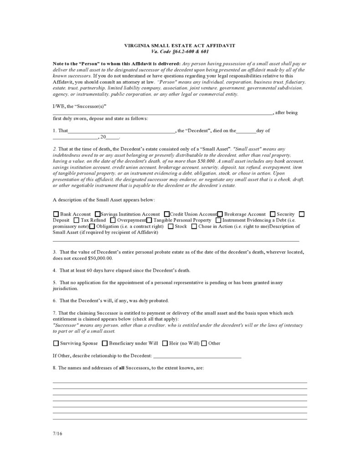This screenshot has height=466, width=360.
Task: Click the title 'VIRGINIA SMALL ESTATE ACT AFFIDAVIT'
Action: (180, 46)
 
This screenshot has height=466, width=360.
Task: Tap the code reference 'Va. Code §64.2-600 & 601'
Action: (180, 52)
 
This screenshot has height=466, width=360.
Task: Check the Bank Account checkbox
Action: (56, 214)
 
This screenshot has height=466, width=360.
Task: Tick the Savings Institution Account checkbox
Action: (97, 214)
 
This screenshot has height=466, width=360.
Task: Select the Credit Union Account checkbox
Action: (167, 214)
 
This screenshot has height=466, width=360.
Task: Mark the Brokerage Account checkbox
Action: (220, 214)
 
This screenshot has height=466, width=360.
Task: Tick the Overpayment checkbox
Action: (113, 220)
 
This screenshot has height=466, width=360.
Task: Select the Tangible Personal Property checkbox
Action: (149, 220)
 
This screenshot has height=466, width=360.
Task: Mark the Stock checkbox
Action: (170, 226)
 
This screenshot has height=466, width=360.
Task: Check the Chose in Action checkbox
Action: (194, 226)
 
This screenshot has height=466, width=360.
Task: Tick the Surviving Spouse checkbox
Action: (56, 343)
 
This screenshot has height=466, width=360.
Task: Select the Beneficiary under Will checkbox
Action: (105, 343)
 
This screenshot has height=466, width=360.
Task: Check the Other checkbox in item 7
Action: (204, 343)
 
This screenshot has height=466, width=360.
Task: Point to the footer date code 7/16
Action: (57, 434)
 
